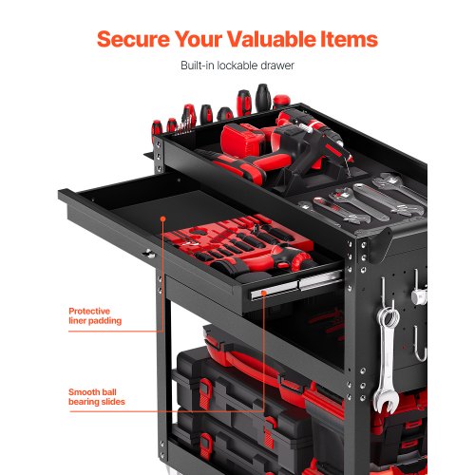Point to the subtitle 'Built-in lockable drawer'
coord(237,66)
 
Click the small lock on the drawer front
coord(147,254)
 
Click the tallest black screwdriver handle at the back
coord(262,98)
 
